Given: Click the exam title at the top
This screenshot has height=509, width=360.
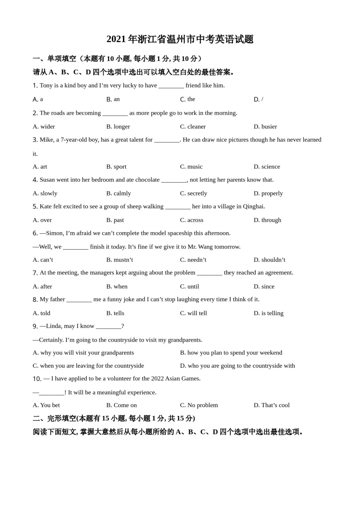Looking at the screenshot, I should pos(180,39).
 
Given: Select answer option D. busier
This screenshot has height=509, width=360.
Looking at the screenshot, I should pos(265,126).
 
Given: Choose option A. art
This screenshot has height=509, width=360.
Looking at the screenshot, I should pos(40,167).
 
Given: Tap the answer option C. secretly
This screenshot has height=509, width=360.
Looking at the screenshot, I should pos(193,193).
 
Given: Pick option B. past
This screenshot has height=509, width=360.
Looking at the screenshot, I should pos(115,220).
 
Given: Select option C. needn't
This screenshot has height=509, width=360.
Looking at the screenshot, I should pos(193,260).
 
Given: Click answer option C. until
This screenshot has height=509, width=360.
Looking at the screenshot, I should pos(189,286).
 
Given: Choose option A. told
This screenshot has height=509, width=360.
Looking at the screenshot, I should pos(41,313).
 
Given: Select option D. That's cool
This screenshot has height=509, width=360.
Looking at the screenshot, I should pos(271,405).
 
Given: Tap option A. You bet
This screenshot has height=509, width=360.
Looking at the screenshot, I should pos(46,405).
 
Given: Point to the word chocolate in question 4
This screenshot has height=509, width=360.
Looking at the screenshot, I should pos(147,180).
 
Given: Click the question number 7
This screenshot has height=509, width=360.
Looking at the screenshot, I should pos(35,273).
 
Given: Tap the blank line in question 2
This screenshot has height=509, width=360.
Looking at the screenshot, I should pos(115,113).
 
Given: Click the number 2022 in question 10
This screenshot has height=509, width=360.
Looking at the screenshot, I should pos(158,378).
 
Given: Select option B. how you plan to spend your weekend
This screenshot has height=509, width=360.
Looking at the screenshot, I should pos(231,353).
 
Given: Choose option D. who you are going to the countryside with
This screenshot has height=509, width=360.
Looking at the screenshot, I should pos(237,366).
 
